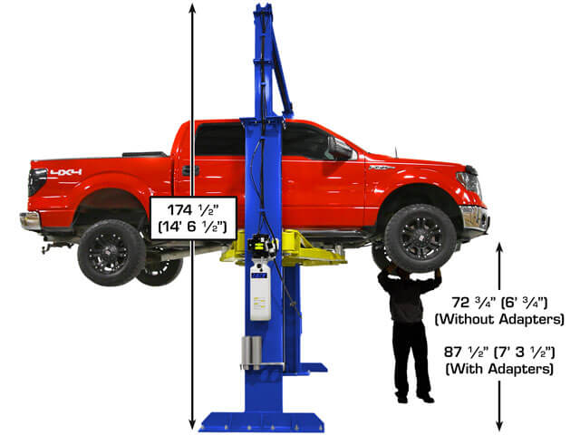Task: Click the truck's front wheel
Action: (420, 238)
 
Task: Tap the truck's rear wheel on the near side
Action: (111, 253)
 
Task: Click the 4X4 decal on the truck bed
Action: (66, 172)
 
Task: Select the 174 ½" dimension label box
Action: (193, 218)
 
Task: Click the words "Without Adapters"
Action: (499, 319)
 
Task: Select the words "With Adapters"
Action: (499, 369)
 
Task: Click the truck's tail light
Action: (37, 181)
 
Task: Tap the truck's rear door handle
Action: (190, 170)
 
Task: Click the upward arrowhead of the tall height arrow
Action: (192, 6)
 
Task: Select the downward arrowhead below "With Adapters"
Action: (499, 425)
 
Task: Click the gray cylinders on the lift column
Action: (252, 351)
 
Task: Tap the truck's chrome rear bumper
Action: (30, 221)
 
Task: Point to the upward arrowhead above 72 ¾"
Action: (499, 247)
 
